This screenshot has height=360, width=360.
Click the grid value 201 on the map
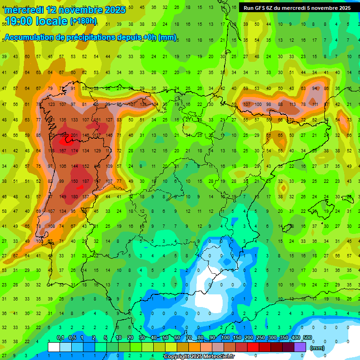point(74,135)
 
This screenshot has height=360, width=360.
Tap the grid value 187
point(86,181)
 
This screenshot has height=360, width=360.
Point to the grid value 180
point(74,197)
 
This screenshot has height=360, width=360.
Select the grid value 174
point(74,151)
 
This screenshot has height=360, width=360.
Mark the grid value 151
point(97,120)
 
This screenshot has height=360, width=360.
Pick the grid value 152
point(86,166)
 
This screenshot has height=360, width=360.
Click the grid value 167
point(62,151)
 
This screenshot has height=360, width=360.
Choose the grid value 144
point(74,166)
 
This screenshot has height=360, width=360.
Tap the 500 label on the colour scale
point(307,337)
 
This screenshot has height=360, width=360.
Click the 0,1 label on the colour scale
point(60,337)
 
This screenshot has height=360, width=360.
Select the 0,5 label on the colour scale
point(72,337)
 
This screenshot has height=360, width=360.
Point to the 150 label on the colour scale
point(237,337)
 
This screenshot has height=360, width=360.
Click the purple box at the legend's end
point(300,347)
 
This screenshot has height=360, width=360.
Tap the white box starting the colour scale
point(54,347)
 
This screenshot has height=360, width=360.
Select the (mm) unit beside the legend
point(317,348)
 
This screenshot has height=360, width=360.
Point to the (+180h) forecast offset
point(83,21)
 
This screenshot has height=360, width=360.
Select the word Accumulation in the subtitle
point(28,37)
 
